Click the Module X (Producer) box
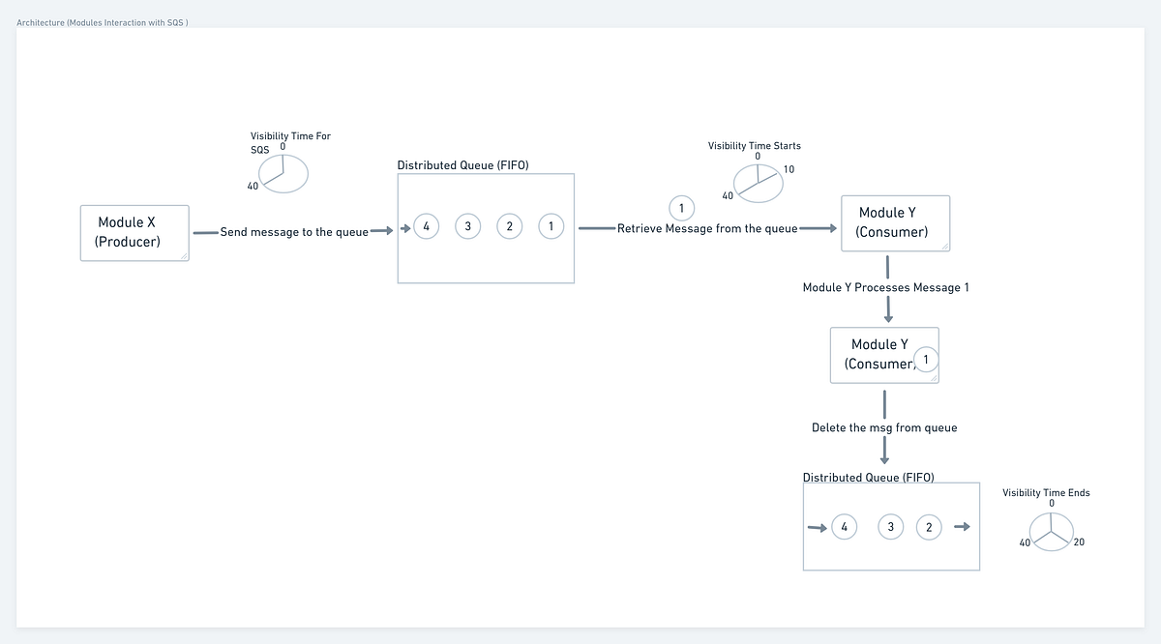(x=134, y=232)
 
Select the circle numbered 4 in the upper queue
(x=426, y=226)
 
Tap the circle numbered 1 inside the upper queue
(x=551, y=226)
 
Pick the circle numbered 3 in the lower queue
(x=889, y=527)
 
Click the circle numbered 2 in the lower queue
(x=929, y=527)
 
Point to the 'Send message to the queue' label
(x=294, y=232)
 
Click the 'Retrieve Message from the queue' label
(x=707, y=229)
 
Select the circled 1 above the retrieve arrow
(x=682, y=208)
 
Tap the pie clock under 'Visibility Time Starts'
(x=758, y=183)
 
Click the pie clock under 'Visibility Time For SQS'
(x=283, y=174)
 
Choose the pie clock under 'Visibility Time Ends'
(x=1051, y=530)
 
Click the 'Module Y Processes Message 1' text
(x=886, y=287)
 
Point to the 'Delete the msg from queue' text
(x=884, y=427)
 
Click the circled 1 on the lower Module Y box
(x=926, y=360)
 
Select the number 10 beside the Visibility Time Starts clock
(x=789, y=170)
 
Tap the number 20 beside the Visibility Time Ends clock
(x=1079, y=542)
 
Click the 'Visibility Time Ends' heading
(x=1046, y=493)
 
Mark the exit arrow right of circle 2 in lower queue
(x=961, y=527)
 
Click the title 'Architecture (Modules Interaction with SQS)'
(x=103, y=22)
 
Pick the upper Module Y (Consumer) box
(x=895, y=222)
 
